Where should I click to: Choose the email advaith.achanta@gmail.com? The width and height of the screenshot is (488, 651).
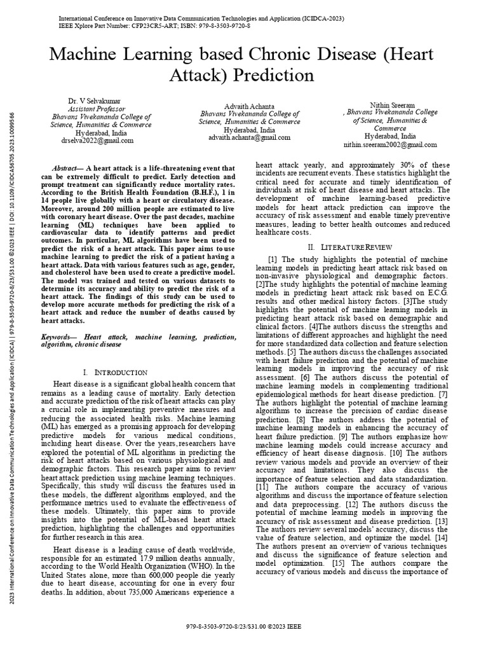pyautogui.click(x=249, y=137)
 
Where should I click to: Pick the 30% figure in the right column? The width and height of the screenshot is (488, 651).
pyautogui.click(x=405, y=164)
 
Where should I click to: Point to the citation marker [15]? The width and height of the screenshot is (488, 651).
pyautogui.click(x=339, y=563)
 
